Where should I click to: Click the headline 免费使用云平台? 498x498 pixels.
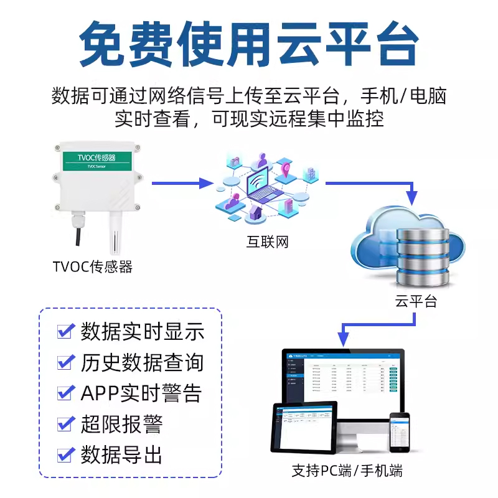(x=249, y=45)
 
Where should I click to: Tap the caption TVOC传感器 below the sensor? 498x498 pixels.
(x=93, y=267)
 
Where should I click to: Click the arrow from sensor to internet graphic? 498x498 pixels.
(x=181, y=183)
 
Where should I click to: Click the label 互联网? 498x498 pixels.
(x=267, y=241)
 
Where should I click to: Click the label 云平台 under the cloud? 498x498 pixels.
(x=416, y=301)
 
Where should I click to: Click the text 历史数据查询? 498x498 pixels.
(x=142, y=362)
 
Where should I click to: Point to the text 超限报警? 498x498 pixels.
(x=121, y=424)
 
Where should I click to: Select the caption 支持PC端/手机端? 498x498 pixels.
(x=347, y=471)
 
